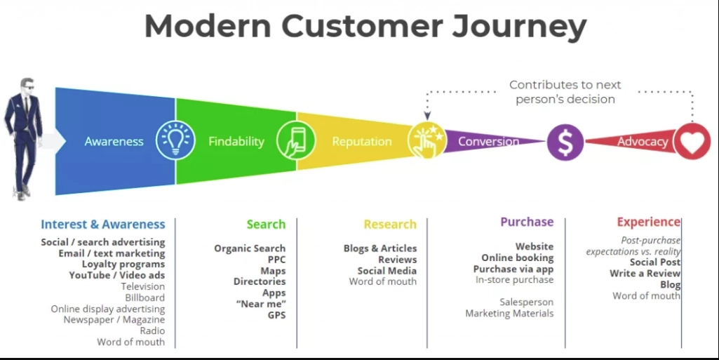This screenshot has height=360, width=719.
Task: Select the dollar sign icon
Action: [x=565, y=142]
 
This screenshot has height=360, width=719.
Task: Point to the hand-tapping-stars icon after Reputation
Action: [x=426, y=140]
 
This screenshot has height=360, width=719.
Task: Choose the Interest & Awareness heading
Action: [x=103, y=225]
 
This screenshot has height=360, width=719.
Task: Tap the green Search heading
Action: [x=266, y=225]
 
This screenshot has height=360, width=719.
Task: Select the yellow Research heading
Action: [x=390, y=225]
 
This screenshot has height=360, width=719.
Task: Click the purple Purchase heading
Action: [x=527, y=222]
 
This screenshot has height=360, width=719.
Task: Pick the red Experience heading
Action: [x=648, y=222]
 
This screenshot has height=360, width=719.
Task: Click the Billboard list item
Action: [x=145, y=298]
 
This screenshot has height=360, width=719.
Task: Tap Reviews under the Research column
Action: [x=397, y=260]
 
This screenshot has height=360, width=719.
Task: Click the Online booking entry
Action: [x=517, y=258]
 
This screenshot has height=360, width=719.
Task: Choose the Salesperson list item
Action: [x=526, y=302]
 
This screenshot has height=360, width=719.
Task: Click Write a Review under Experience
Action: [x=645, y=274]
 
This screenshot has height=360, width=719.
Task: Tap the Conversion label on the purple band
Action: [x=488, y=142]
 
